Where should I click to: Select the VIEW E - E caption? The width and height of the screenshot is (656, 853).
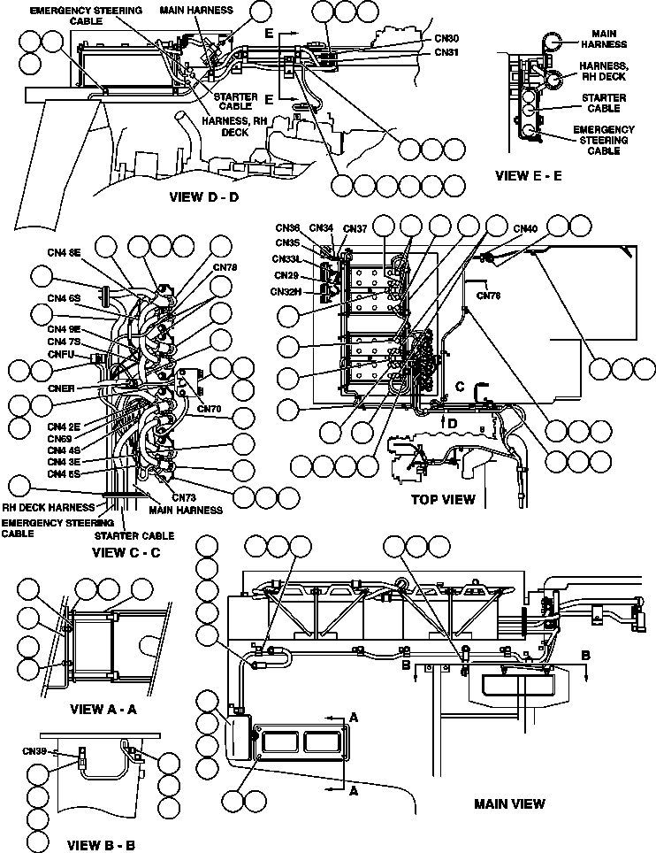coord(528,175)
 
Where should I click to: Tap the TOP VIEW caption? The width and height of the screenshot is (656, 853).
coord(443,499)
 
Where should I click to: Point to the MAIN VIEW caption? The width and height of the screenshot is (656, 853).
coord(509,803)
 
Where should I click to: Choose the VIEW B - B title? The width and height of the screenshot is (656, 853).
coord(102,845)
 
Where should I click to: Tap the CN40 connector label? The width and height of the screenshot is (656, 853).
coord(525,228)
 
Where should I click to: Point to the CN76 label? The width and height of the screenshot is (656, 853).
coord(488,296)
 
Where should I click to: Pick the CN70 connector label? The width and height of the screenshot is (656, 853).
coord(210,409)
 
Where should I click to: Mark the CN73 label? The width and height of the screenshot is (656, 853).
coord(184,497)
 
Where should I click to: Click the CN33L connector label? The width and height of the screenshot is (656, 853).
coord(288,259)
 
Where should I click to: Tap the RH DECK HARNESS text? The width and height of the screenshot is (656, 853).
coord(48,508)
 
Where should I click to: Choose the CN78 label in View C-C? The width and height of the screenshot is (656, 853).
coord(225,266)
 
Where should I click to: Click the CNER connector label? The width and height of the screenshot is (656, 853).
coord(62,388)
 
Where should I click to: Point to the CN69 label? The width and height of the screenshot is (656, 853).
coord(59,438)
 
